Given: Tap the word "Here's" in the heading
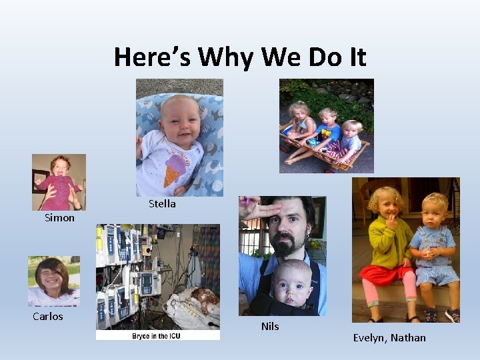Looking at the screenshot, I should point(153,57).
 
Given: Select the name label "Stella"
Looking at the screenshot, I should point(162,204).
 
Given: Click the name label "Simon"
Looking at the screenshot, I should point(59,218).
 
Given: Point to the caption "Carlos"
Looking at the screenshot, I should point(48,316).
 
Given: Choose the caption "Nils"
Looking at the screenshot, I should point(270,326).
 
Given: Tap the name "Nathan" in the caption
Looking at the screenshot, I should point(408,338).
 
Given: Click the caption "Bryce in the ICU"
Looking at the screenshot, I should point(157,335).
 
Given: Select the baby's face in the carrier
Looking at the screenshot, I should point(291,281).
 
